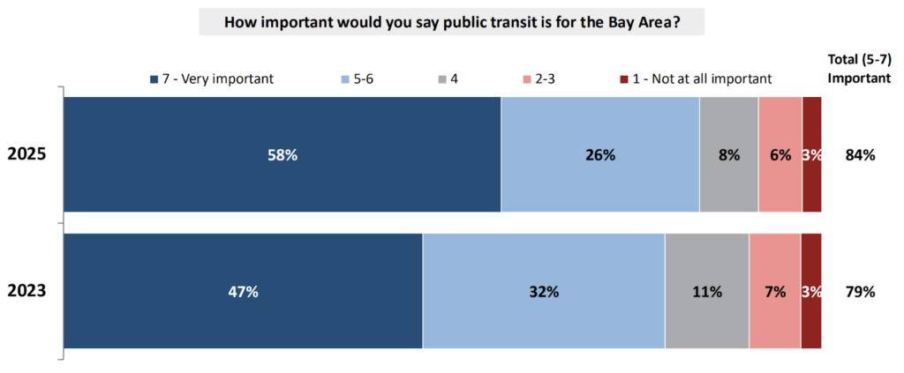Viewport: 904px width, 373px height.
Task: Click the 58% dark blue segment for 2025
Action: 282,154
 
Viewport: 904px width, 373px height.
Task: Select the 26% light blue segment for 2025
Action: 600,154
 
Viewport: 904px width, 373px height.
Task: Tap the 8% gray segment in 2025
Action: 728,154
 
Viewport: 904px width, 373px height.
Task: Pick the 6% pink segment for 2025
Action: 780,154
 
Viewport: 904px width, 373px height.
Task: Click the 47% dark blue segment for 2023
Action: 243,291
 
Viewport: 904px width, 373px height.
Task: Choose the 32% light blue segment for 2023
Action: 543,291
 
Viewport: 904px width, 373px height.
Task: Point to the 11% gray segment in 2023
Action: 706,291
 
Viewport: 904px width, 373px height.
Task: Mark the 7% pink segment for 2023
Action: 774,291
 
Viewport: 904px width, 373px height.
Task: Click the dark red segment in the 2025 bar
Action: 812,154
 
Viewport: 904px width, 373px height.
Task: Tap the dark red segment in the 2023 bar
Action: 811,291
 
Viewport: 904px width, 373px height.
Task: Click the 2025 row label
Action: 26,154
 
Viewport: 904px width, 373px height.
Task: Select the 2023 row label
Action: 26,291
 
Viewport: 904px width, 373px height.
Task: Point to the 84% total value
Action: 859,155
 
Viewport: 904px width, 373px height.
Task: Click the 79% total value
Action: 859,291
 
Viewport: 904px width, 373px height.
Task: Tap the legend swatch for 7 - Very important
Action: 154,78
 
